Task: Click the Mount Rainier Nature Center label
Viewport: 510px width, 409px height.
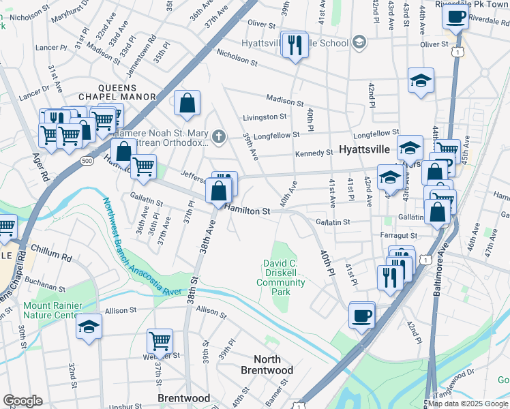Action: [x=52, y=311]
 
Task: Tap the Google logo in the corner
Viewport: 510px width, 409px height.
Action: [x=22, y=401]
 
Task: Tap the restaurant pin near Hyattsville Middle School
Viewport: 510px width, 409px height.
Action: [x=295, y=46]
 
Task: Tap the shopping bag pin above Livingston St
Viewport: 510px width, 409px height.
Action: [x=187, y=104]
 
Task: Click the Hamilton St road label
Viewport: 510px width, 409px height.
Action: [x=248, y=211]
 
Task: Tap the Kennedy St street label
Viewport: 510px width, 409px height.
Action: [x=314, y=153]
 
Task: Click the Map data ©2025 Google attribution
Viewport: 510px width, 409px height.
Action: [x=468, y=404]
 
